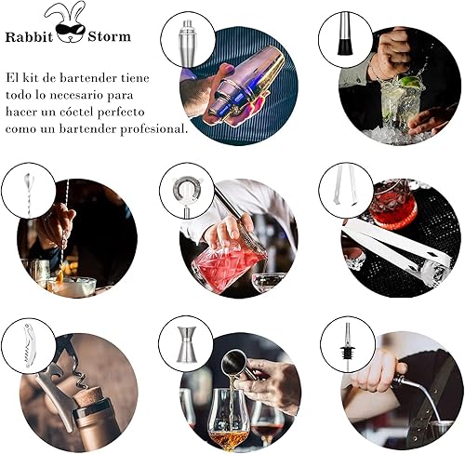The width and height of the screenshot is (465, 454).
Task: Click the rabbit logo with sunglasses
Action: point(67,20)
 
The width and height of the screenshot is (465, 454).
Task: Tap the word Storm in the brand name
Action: point(109,38)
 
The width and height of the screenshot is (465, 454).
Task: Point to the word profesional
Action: point(155,128)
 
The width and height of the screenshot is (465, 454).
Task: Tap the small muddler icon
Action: point(344,38)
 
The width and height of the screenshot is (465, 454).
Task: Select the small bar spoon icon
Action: point(30,190)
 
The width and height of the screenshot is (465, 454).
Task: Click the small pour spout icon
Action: point(345,343)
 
